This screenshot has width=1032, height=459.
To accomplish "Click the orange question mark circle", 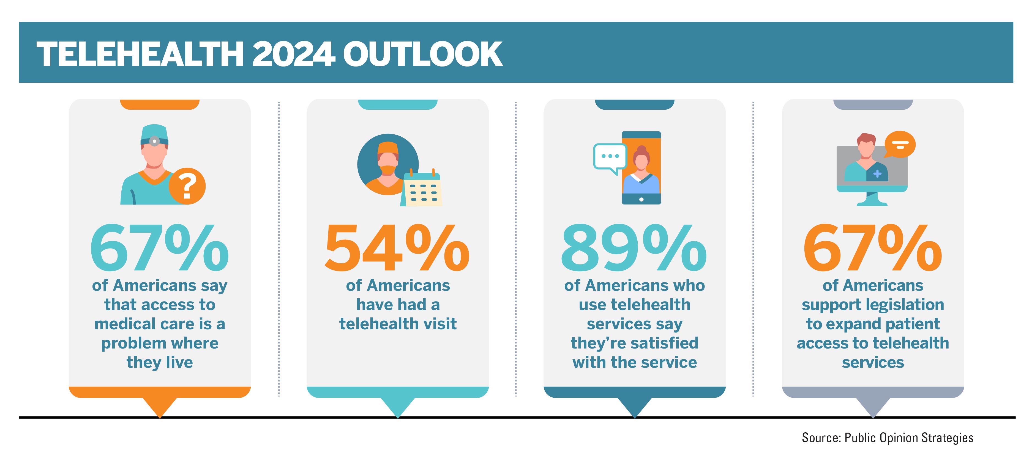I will point(187,186).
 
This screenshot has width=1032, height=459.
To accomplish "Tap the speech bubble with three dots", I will point(610,157).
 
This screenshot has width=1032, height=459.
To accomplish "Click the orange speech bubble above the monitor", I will point(900,144).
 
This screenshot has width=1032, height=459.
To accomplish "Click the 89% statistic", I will point(634,248).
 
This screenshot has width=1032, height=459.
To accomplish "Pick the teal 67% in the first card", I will point(159,248).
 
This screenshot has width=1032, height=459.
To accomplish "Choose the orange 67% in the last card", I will point(873,248).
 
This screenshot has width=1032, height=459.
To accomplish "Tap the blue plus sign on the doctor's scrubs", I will point(877,174).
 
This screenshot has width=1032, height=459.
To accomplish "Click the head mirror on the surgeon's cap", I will point(154,141).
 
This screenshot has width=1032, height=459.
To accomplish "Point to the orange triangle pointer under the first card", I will point(159,407).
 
